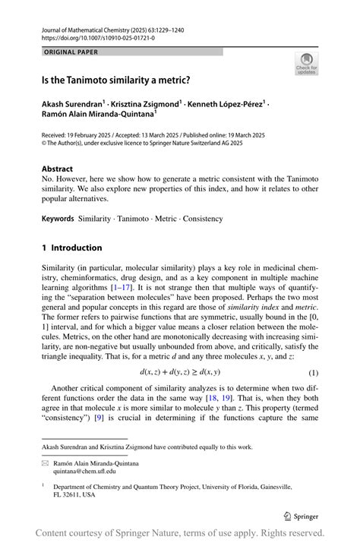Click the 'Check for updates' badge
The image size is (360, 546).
click(307, 64)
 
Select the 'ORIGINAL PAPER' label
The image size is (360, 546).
click(71, 52)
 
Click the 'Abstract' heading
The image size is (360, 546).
click(57, 169)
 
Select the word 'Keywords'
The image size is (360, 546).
click(58, 219)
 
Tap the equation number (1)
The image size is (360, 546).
click(312, 372)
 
